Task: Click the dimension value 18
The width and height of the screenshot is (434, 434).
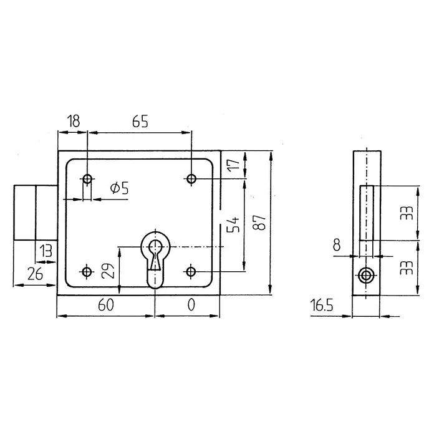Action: click(x=74, y=121)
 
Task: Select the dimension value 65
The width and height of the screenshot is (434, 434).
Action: click(x=140, y=121)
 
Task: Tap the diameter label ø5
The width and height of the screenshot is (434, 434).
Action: click(x=119, y=188)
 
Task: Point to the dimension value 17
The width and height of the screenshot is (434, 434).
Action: click(x=234, y=165)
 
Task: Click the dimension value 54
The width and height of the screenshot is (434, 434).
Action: click(x=233, y=224)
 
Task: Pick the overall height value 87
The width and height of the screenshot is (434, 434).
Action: click(x=259, y=222)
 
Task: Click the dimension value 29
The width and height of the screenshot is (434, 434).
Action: click(x=108, y=271)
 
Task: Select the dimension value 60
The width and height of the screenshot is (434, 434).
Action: click(x=106, y=305)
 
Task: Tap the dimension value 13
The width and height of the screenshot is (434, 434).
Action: click(x=46, y=251)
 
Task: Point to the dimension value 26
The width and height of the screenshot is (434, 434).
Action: click(x=35, y=274)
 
